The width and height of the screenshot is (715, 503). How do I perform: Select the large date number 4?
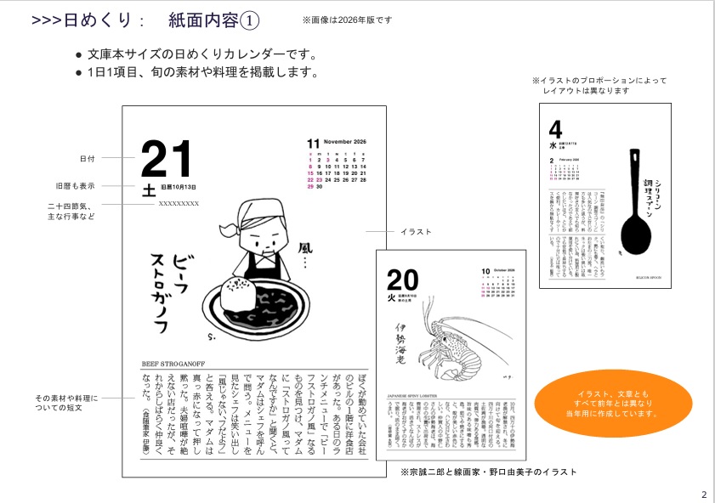click(556, 130)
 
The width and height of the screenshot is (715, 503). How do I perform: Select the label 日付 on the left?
click(88, 158)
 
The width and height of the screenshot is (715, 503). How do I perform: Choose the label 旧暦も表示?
click(76, 186)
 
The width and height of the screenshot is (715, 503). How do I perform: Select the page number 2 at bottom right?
click(703, 495)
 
